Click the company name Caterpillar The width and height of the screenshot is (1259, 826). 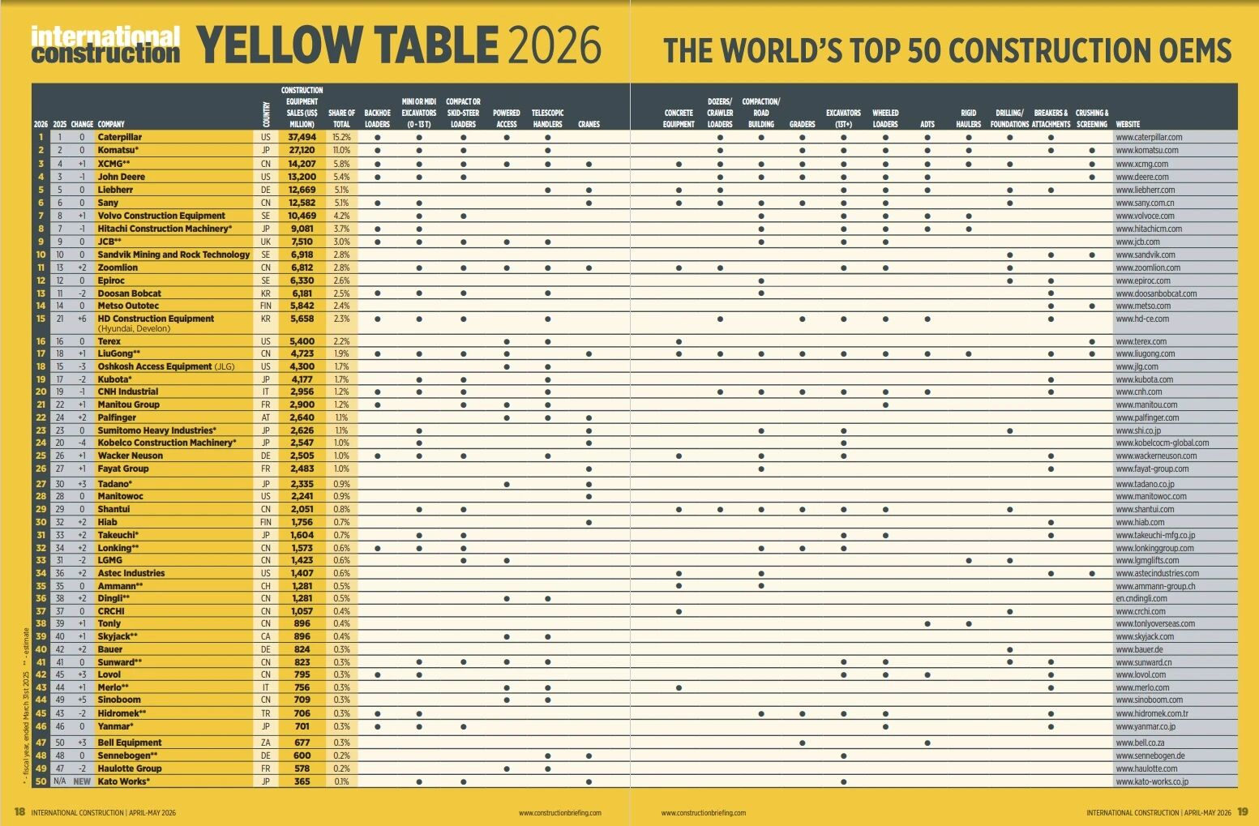(x=120, y=138)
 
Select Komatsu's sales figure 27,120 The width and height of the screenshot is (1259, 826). (x=302, y=151)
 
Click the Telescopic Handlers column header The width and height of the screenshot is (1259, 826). (x=548, y=118)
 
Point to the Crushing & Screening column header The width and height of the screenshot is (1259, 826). (x=1092, y=118)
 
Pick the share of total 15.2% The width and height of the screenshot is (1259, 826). (x=341, y=138)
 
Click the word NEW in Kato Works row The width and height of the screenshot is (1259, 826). (x=82, y=781)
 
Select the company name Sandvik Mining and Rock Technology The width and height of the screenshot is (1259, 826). (x=173, y=255)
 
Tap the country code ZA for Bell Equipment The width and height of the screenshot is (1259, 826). (x=266, y=743)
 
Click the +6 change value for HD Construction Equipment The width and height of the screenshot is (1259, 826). (x=82, y=319)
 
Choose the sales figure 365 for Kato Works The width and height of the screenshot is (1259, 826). (x=302, y=781)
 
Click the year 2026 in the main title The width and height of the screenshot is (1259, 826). (x=554, y=45)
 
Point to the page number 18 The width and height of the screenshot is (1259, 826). (x=20, y=811)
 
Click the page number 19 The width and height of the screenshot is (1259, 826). (x=1243, y=811)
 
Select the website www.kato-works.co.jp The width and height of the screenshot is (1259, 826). (x=1152, y=781)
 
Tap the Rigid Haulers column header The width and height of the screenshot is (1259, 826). (x=968, y=118)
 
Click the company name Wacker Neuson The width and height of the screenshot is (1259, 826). (x=130, y=456)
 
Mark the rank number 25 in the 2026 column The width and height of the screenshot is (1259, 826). (x=41, y=456)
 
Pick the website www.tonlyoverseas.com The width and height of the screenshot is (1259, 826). (x=1155, y=623)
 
